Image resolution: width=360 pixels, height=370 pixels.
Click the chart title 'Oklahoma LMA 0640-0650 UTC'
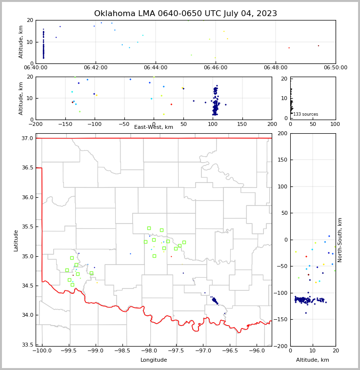point(185,14)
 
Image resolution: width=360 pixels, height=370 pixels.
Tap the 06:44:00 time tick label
point(156,67)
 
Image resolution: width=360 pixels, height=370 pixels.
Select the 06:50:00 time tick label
point(336,67)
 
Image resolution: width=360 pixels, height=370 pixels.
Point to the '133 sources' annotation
point(305,114)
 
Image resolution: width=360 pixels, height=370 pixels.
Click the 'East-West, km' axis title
point(154,127)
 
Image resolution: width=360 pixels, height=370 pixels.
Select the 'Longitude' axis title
point(154,360)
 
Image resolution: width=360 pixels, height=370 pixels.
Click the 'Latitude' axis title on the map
point(16,240)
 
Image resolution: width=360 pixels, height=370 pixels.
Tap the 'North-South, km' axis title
point(340,240)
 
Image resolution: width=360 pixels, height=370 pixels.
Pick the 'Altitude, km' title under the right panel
point(313,360)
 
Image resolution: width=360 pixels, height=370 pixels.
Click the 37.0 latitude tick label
point(28,139)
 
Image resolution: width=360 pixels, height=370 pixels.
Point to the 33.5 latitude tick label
point(28,345)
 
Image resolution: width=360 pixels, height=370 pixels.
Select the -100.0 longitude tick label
point(42,351)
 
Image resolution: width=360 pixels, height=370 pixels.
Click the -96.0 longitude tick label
point(257,351)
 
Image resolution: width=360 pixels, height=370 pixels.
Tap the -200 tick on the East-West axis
point(36,124)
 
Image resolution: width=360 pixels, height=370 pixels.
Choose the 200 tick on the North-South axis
point(281,134)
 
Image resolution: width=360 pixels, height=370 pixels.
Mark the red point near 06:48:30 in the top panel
point(289,48)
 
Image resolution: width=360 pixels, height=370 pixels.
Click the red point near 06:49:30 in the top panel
point(319,46)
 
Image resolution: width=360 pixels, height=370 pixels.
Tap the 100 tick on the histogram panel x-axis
point(336,124)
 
